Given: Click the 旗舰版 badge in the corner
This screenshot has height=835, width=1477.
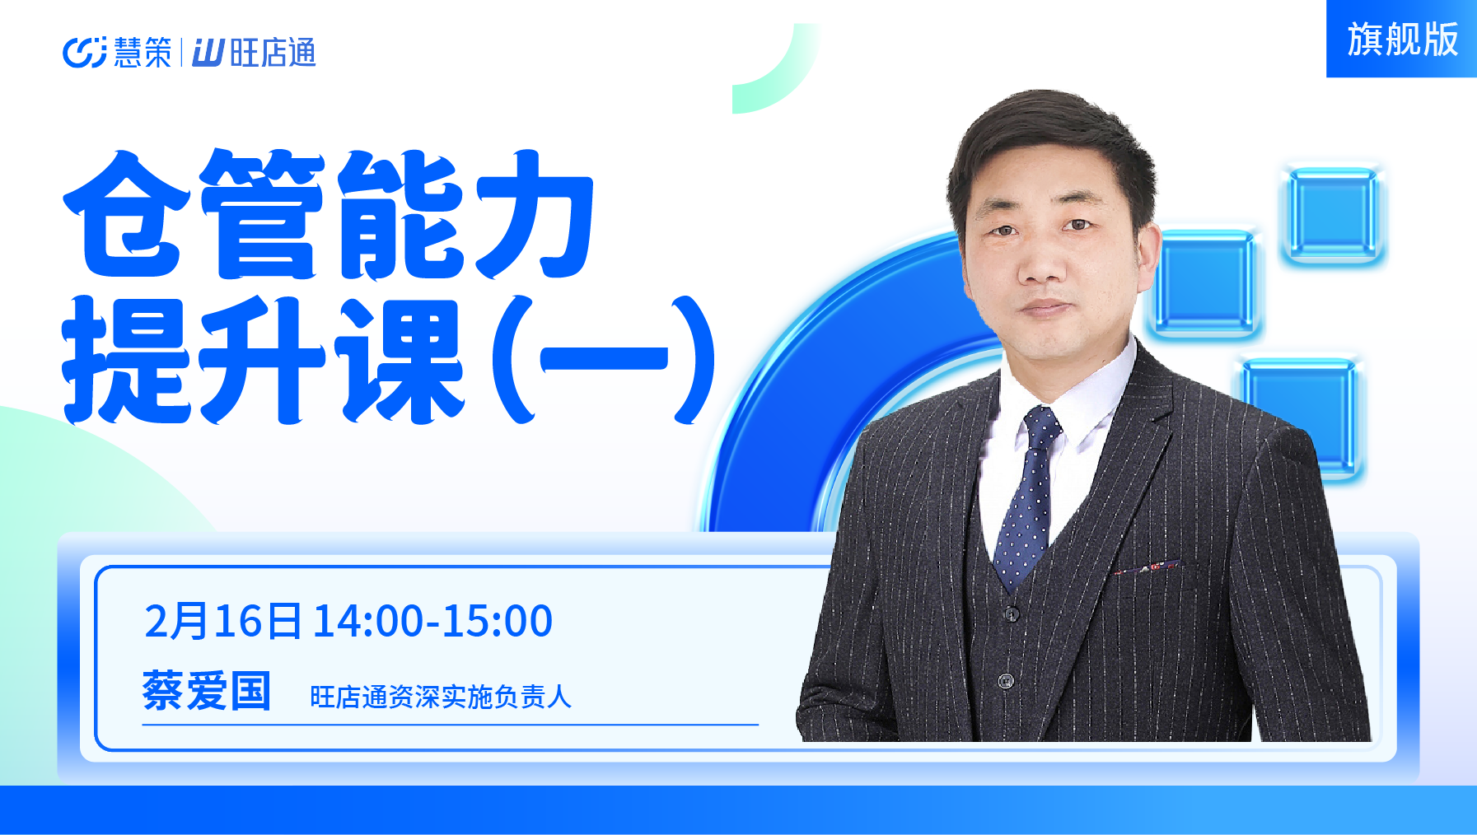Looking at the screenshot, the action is [1401, 39].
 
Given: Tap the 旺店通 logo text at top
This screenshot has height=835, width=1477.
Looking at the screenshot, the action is [273, 53].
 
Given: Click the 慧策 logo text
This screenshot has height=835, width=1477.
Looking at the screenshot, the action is [143, 53].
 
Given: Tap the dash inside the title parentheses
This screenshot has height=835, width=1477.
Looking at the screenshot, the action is [603, 360].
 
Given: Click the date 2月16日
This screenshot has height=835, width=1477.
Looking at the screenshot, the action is [222, 621].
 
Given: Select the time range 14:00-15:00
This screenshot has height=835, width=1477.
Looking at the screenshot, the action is [432, 621].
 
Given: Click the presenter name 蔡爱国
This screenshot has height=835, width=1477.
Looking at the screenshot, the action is [207, 690].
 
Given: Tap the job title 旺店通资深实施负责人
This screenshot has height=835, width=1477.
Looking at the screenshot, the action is [440, 697].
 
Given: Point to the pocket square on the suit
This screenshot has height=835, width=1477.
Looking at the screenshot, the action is [1146, 567].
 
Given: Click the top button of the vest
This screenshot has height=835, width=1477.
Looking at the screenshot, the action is [1012, 613].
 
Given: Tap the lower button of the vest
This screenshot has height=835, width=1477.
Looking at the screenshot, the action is [1006, 681].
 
